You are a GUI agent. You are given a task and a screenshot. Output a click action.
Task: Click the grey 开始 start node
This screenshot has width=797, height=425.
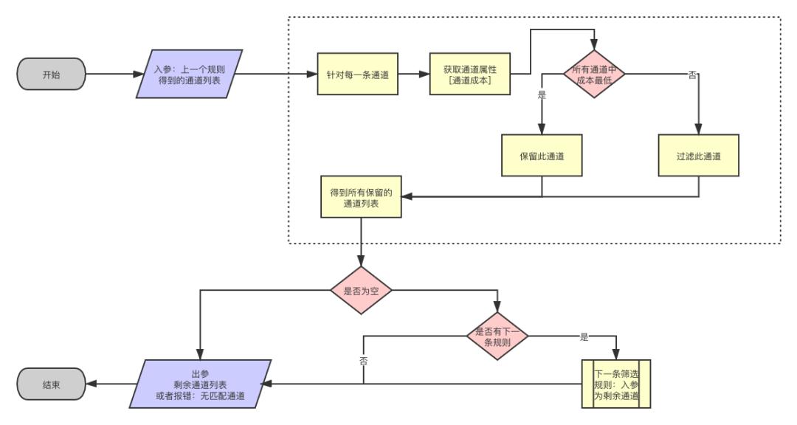point(52,75)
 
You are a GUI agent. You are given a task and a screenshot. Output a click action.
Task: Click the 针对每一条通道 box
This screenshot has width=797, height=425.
point(358,74)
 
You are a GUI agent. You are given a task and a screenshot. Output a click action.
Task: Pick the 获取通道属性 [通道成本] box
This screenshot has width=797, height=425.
point(470,74)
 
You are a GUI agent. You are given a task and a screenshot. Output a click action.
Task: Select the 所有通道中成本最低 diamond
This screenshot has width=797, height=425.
point(595,74)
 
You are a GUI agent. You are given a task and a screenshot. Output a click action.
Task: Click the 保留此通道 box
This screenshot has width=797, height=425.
point(542,155)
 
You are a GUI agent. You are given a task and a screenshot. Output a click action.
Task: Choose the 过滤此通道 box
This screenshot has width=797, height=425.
point(698,155)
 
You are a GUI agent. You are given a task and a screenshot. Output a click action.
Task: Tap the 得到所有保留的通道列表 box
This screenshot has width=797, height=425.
point(361,196)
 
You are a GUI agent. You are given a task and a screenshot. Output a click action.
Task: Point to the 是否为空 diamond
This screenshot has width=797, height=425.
point(361,290)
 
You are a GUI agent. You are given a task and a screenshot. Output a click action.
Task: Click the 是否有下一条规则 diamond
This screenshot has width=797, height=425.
point(498,336)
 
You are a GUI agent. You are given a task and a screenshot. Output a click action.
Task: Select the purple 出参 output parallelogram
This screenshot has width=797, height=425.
point(200,384)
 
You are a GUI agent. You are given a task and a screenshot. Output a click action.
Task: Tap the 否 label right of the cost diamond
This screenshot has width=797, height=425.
point(691,75)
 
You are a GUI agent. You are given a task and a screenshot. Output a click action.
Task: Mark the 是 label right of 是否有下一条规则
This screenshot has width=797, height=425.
point(584,337)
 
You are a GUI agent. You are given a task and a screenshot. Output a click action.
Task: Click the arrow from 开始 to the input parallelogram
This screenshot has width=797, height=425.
point(111,75)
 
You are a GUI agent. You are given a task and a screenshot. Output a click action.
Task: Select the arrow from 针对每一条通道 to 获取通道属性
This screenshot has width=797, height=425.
point(413,74)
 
